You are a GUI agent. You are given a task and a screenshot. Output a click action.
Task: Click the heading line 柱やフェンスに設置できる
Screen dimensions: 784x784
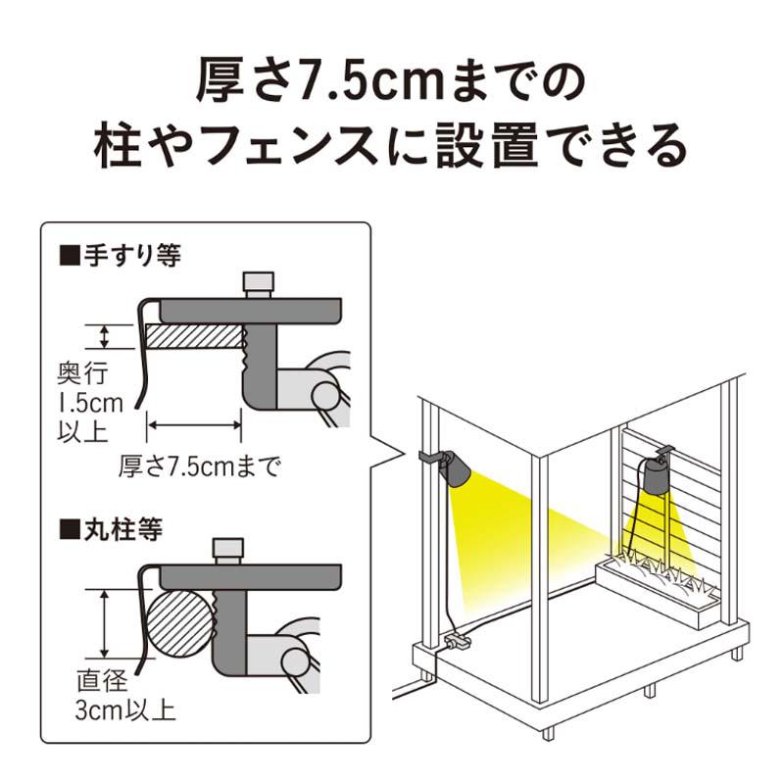[x=391, y=148]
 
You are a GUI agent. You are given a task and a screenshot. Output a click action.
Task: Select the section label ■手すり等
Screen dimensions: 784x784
[x=122, y=257]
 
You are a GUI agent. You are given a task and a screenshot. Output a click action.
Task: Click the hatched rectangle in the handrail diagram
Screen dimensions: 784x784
[x=193, y=337]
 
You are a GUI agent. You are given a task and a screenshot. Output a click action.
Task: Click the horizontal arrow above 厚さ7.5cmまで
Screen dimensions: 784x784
[x=194, y=424]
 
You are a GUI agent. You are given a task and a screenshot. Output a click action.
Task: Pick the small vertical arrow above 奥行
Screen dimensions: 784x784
[x=104, y=337]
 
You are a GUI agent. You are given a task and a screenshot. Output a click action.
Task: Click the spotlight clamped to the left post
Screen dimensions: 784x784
[x=453, y=469]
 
